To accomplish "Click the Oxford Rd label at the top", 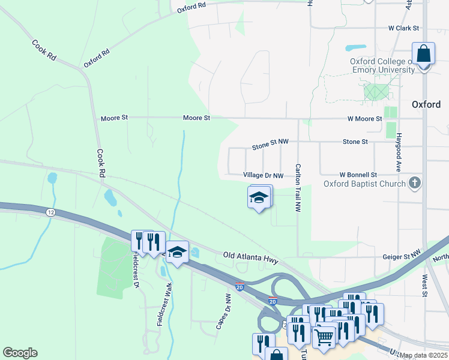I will click(x=192, y=7).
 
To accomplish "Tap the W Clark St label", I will click(x=403, y=28).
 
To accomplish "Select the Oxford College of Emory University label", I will click(x=383, y=65).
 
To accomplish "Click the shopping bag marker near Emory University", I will click(x=424, y=54).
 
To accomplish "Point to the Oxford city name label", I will click(x=426, y=104).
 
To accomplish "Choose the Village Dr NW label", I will click(x=263, y=175).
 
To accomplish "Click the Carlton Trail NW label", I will click(x=298, y=188).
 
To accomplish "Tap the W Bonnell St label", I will click(x=358, y=175).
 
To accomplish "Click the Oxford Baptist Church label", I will click(x=365, y=184).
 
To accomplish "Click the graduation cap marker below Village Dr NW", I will click(x=259, y=197).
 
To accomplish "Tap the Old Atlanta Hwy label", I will click(x=250, y=257).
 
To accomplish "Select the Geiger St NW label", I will click(x=403, y=256).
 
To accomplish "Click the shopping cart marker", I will click(x=324, y=337).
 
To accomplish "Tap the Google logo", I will click(x=20, y=353).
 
